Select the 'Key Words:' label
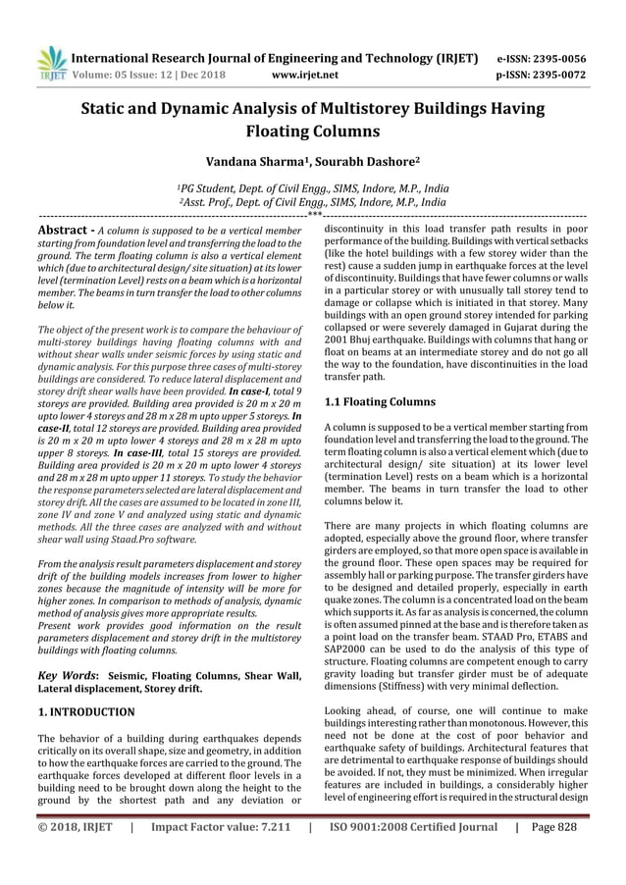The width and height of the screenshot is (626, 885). click(x=68, y=676)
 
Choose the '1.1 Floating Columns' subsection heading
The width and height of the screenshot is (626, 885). click(x=385, y=402)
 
